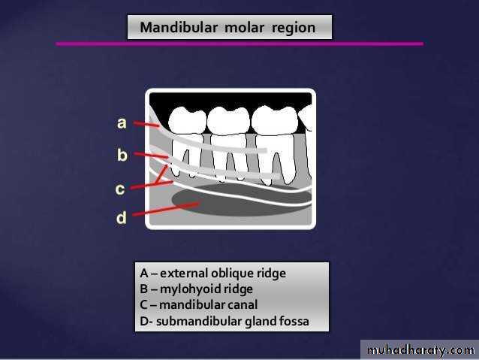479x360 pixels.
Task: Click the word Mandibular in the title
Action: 179,27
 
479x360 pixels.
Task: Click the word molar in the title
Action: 245,28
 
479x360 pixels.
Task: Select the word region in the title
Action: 294,29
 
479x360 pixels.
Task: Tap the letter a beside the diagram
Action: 122,123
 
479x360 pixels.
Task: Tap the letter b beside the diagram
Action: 122,155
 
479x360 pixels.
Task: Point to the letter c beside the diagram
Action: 120,189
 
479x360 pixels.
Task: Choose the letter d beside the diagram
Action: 121,217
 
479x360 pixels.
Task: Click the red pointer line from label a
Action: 146,124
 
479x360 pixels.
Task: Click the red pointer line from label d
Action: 167,209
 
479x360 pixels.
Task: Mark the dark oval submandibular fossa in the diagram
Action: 241,200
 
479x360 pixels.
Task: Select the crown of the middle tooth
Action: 229,120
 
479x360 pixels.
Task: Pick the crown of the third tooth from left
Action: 274,120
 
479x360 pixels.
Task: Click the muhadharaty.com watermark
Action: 420,350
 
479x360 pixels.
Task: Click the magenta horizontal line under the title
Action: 239,44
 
